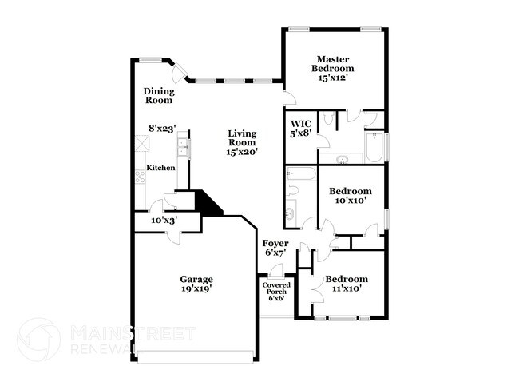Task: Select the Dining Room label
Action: [158, 96]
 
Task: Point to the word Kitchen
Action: [160, 168]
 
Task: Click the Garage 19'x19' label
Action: [195, 284]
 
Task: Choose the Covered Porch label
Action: [277, 292]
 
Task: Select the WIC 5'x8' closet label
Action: [300, 129]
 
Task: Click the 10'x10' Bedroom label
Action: [351, 197]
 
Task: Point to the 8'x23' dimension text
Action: [162, 128]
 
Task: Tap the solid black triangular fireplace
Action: [209, 203]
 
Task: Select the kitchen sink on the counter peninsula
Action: [183, 147]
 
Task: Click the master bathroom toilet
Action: [328, 119]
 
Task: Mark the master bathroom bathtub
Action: [373, 149]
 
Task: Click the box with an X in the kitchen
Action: [142, 143]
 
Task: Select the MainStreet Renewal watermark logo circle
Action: [38, 340]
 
